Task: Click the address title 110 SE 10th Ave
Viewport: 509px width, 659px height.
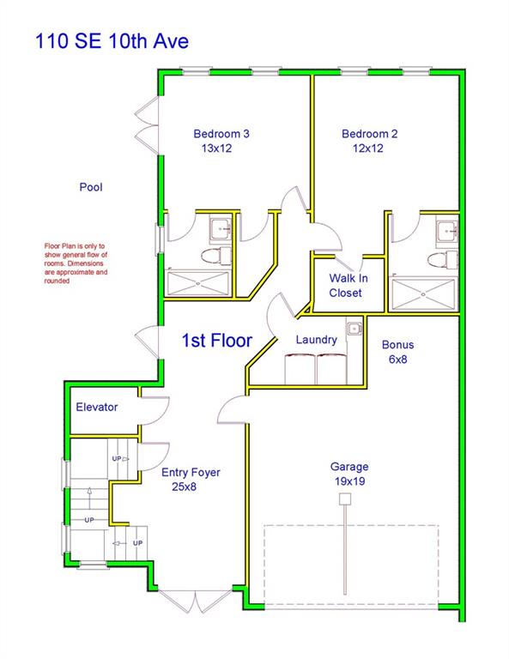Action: [112, 41]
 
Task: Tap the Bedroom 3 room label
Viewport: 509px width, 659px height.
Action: [221, 134]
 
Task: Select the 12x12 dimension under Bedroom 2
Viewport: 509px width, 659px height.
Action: [367, 148]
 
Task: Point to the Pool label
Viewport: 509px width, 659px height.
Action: [91, 186]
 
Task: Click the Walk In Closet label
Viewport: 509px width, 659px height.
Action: [348, 286]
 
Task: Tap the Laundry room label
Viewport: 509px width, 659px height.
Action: [316, 340]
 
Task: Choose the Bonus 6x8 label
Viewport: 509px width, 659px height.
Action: [397, 352]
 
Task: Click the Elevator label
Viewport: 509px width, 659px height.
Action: [97, 407]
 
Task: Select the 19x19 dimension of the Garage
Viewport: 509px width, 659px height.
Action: [349, 481]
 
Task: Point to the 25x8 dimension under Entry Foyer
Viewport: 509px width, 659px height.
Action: [184, 487]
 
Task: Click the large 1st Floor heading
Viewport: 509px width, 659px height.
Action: [217, 340]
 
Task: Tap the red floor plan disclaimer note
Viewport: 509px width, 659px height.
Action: [76, 263]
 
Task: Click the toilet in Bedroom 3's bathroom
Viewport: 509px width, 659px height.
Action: [216, 256]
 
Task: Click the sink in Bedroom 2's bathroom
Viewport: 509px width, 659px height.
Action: [447, 229]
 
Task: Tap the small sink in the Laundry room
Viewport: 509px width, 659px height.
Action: [354, 328]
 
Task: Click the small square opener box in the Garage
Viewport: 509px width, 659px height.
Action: [345, 499]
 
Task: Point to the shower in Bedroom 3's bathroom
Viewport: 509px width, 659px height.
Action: [198, 283]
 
